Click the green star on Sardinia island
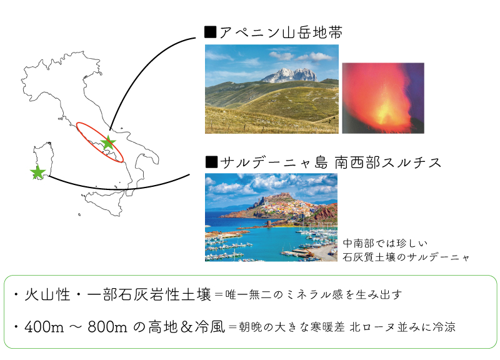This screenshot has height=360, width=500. click(38, 172)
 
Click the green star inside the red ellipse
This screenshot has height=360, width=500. click(108, 142)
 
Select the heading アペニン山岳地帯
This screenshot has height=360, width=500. click(281, 32)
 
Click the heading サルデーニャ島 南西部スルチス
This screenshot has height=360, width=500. click(331, 162)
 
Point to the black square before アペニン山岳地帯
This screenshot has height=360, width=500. click(211, 32)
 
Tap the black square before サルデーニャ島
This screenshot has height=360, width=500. click(211, 162)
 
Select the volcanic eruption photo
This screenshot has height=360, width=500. click(383, 98)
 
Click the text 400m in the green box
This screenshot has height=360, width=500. click(44, 327)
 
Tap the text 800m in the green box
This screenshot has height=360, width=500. click(107, 327)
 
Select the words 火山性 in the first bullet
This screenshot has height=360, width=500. click(47, 294)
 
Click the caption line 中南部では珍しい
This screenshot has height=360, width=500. click(385, 243)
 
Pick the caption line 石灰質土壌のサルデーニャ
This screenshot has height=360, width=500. click(406, 257)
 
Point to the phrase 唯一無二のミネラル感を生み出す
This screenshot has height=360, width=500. click(313, 294)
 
